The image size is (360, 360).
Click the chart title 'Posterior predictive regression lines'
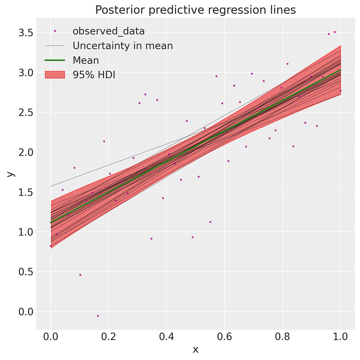(195, 10)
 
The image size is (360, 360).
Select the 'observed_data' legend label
(109, 31)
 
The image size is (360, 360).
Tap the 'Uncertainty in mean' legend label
(123, 46)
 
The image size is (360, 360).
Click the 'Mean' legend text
(86, 60)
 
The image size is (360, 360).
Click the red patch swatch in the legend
(55, 75)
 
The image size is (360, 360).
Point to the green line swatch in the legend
(55, 60)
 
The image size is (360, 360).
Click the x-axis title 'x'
(195, 349)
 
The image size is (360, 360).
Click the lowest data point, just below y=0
(98, 316)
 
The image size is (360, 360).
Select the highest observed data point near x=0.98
(335, 32)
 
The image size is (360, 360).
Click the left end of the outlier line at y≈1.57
(51, 186)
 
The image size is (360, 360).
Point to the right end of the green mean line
(340, 70)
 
